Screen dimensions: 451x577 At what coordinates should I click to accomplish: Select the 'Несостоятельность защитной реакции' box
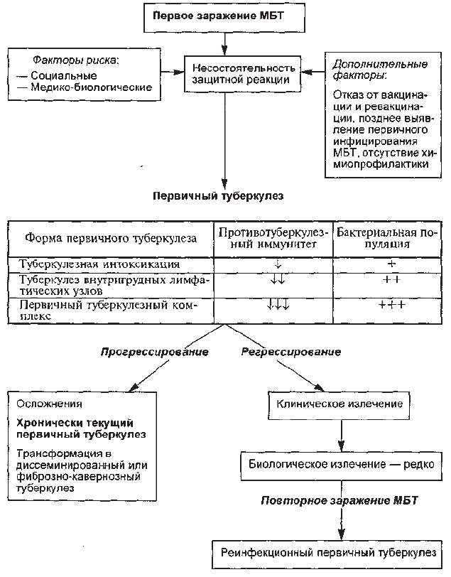point(242,74)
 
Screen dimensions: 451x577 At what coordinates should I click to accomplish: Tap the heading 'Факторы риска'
point(76,60)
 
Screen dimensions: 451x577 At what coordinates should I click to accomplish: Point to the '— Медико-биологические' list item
point(85,87)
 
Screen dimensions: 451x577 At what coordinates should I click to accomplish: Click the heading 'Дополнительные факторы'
point(380,70)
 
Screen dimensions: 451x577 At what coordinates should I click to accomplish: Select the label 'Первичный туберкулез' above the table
point(218,195)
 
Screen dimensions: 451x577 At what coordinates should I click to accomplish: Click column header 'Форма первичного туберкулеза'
point(111,239)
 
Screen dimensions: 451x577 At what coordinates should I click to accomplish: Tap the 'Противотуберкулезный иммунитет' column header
point(273,239)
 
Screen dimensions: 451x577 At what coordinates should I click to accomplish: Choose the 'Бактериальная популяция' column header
point(388,239)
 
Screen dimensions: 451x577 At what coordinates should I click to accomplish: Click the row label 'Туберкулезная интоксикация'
point(99,264)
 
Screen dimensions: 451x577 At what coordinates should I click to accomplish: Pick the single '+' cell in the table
point(391,264)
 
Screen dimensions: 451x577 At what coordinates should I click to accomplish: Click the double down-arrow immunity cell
point(278,281)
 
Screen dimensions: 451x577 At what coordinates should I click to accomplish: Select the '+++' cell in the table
point(392,305)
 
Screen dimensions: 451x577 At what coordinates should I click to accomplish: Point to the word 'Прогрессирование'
point(155,352)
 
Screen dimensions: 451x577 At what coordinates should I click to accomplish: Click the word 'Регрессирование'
point(291,352)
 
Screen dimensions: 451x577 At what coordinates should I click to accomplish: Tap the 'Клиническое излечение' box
point(339,404)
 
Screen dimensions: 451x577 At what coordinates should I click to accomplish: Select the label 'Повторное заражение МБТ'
point(339,501)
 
